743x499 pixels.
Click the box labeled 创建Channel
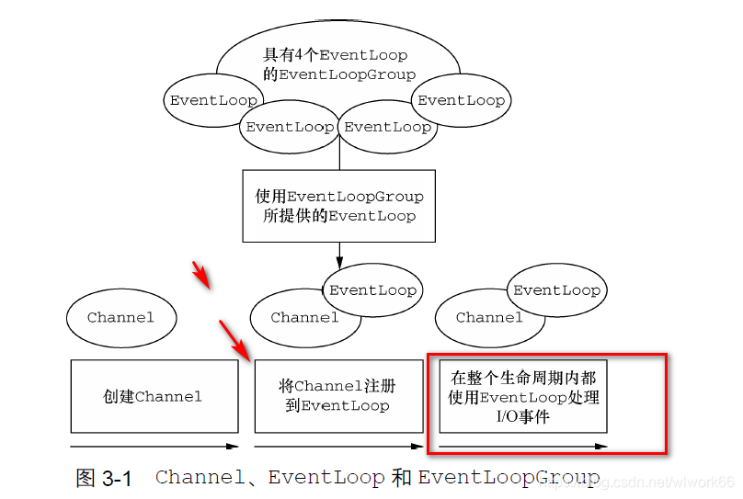[x=153, y=396]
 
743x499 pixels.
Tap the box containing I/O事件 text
[x=523, y=396]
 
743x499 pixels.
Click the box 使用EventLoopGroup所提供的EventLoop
[x=338, y=206]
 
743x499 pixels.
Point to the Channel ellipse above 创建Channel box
[x=121, y=318]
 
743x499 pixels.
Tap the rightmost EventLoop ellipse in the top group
[x=461, y=100]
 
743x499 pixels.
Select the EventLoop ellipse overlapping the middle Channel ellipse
[x=373, y=289]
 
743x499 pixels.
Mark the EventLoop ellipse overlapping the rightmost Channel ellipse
[x=556, y=289]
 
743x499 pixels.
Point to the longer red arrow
[x=235, y=340]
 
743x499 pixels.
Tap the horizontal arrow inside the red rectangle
[x=523, y=447]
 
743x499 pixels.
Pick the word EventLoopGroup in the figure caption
[x=509, y=478]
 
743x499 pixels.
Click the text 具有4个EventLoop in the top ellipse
[x=335, y=56]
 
